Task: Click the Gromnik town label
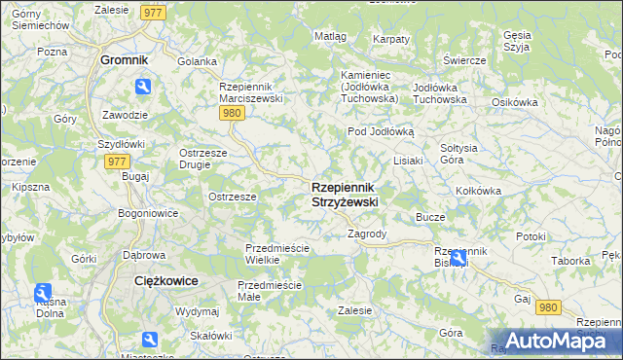point(124,59)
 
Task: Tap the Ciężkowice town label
point(165,280)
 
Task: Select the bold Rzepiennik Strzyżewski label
point(345,194)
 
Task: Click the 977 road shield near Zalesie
point(151,12)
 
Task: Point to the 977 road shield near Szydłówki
point(117,162)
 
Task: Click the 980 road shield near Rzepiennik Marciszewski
point(231,113)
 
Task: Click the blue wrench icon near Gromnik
point(143,88)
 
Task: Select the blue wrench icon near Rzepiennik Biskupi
point(458,258)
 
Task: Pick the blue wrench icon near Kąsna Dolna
point(42,292)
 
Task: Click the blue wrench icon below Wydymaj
point(150,340)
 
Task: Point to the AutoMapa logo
point(554,341)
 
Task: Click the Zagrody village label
point(367,234)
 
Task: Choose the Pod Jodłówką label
point(381,131)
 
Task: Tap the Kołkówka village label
point(478,191)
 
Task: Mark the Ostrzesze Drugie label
point(203,158)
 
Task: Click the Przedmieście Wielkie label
point(276,254)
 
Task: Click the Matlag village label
point(330,36)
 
